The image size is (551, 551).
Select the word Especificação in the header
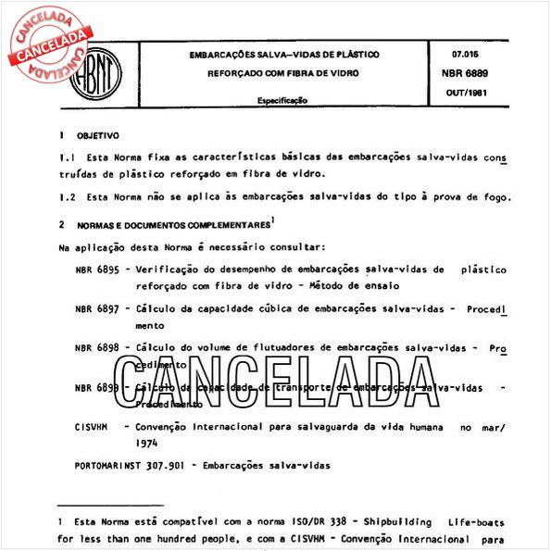click(282, 100)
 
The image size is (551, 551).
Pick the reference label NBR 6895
click(96, 270)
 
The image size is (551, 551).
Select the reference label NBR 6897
click(96, 309)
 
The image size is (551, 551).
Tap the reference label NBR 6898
click(96, 349)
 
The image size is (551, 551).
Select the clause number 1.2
click(65, 197)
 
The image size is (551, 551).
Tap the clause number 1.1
click(65, 159)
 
